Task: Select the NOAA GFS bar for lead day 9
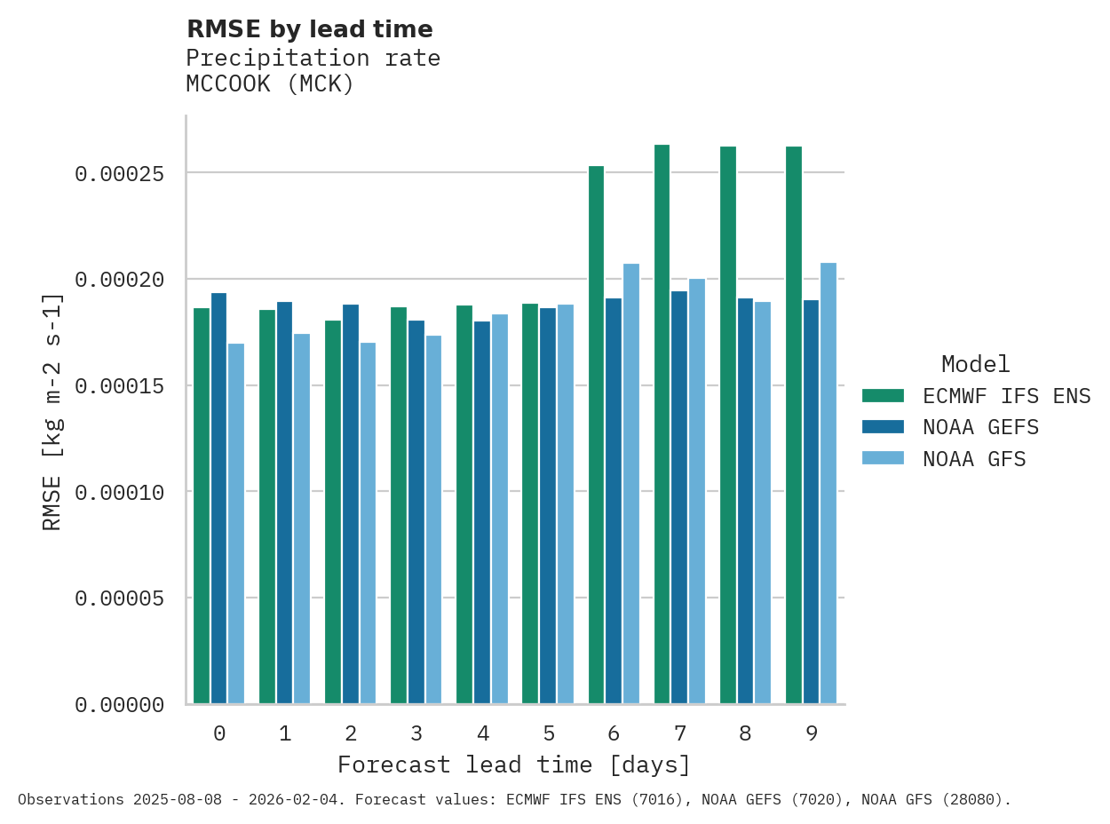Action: click(x=829, y=484)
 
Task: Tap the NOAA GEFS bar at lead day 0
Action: click(x=218, y=498)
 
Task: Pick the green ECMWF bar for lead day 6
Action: click(x=596, y=435)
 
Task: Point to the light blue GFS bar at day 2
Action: click(x=368, y=523)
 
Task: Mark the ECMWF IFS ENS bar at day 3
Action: click(x=399, y=505)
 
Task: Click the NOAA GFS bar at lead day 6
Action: click(x=631, y=484)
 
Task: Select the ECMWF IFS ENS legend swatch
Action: click(x=883, y=396)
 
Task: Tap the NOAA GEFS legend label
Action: click(x=980, y=428)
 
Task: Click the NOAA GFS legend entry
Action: click(x=974, y=459)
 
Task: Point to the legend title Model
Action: click(x=975, y=364)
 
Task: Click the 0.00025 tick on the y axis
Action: click(x=119, y=173)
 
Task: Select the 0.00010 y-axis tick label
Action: click(x=119, y=492)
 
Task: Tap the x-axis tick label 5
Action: click(x=549, y=733)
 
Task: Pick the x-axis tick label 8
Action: click(x=745, y=733)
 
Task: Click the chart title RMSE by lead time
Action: click(x=310, y=29)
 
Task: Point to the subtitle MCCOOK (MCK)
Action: click(x=270, y=84)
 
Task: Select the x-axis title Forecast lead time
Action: click(x=513, y=765)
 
